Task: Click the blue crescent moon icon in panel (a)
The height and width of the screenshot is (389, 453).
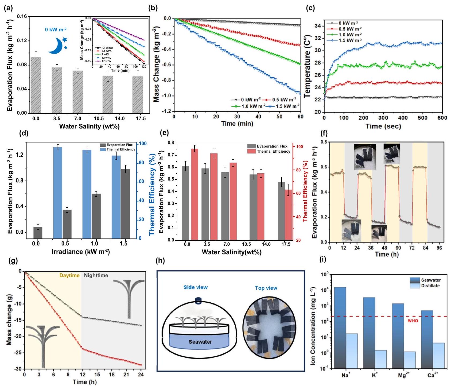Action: click(x=56, y=46)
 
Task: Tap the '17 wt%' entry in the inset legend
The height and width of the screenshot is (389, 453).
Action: click(x=106, y=61)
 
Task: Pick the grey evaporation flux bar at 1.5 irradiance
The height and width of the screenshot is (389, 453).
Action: click(x=125, y=204)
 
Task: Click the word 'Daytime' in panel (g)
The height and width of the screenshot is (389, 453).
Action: click(x=69, y=276)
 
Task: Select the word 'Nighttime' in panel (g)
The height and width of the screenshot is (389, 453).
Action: click(x=96, y=276)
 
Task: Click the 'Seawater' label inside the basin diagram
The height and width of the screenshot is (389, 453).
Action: click(x=200, y=342)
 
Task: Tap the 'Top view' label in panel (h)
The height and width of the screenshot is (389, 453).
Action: click(x=266, y=288)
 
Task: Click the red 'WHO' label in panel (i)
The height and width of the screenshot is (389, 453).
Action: click(x=413, y=321)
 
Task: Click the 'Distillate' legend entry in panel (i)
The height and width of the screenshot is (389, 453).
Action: click(x=430, y=286)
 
